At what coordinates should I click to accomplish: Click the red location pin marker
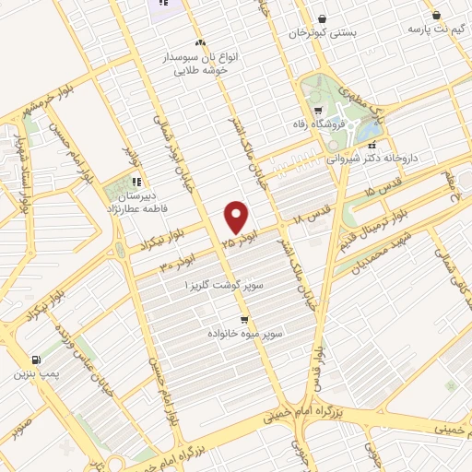point(237,218)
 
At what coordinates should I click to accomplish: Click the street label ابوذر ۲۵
point(235,242)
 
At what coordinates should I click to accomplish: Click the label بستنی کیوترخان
point(322,33)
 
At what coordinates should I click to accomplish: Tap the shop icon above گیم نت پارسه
point(436,15)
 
